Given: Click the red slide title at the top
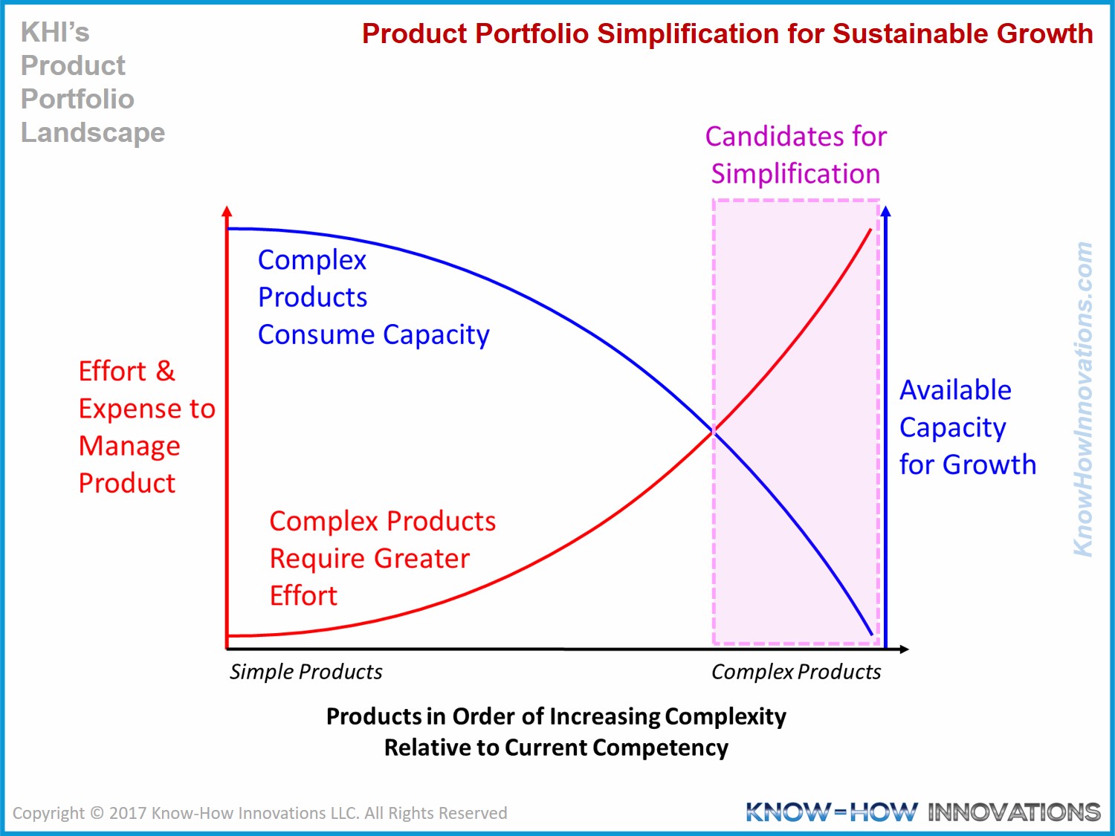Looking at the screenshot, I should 727,34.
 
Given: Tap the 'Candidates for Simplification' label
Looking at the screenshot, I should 795,155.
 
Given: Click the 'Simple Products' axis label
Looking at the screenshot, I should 306,672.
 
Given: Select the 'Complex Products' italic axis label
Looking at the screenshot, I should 795,672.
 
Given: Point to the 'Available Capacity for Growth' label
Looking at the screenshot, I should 966,427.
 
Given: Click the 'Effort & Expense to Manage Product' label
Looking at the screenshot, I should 146,427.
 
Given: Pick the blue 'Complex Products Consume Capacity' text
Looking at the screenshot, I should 372,297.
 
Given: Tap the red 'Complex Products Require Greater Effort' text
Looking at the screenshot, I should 381,558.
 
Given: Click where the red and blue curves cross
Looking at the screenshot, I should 714,431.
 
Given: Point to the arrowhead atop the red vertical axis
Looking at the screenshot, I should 227,212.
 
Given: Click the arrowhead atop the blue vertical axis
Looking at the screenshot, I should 885,212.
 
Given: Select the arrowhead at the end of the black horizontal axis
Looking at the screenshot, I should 903,649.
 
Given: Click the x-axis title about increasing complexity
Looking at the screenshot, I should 556,732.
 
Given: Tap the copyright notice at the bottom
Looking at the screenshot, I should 259,813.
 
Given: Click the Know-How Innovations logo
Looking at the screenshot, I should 922,812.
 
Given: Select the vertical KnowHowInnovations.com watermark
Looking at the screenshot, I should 1084,399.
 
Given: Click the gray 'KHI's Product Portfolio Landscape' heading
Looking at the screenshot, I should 92,82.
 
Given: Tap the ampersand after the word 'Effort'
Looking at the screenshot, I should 165,371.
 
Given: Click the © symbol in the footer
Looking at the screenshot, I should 97,813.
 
